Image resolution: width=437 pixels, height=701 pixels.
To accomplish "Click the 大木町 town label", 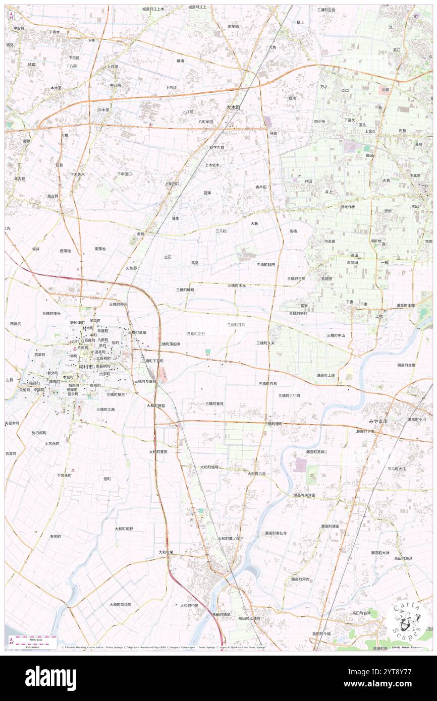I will [x=233, y=107].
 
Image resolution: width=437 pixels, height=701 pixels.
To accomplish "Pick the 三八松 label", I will [x=221, y=230].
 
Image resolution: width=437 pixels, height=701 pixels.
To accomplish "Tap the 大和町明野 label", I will [x=124, y=529].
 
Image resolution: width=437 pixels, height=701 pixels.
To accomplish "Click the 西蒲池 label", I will [x=65, y=251].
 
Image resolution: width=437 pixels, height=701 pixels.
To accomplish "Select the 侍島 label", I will [x=274, y=133].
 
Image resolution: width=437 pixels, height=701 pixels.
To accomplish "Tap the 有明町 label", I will [x=55, y=536].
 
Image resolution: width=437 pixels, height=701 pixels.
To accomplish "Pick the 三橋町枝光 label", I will [x=51, y=313].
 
